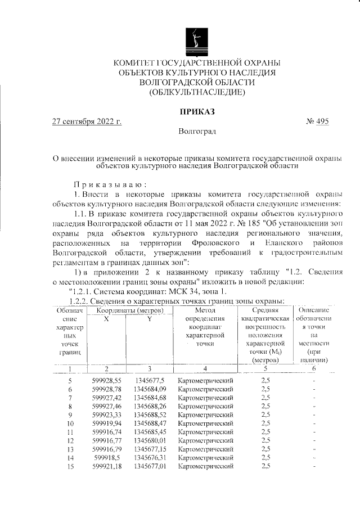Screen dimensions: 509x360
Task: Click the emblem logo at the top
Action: point(197,37)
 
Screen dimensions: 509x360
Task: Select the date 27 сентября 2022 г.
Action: point(87,121)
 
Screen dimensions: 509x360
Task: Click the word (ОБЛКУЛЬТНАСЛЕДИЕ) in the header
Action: point(197,92)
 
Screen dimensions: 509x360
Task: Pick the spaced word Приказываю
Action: point(110,184)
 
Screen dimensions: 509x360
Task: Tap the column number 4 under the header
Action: point(205,368)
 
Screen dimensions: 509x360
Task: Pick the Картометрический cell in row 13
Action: point(205,449)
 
